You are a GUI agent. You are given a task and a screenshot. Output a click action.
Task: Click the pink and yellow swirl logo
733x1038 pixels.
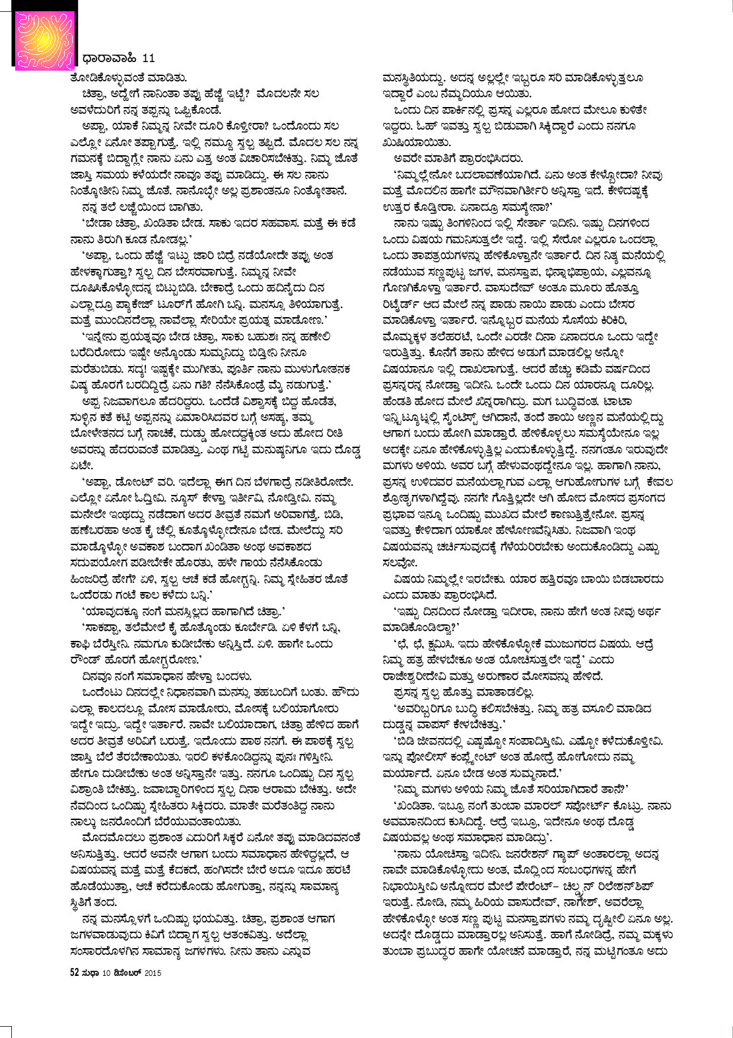pyautogui.click(x=39, y=36)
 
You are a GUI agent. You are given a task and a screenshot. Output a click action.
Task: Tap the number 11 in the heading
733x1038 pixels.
pyautogui.click(x=149, y=59)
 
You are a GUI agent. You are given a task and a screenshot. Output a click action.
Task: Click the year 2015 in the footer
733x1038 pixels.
pyautogui.click(x=153, y=972)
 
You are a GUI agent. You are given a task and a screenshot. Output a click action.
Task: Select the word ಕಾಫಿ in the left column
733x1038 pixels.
pyautogui.click(x=82, y=643)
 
